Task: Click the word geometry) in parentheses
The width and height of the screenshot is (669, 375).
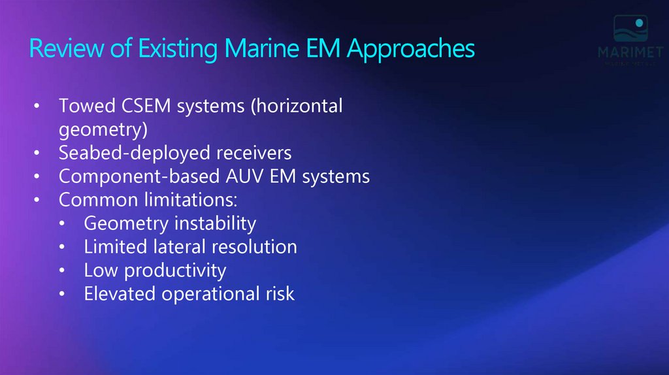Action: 103,130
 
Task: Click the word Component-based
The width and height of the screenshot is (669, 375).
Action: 138,177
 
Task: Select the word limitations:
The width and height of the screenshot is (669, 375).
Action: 197,200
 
